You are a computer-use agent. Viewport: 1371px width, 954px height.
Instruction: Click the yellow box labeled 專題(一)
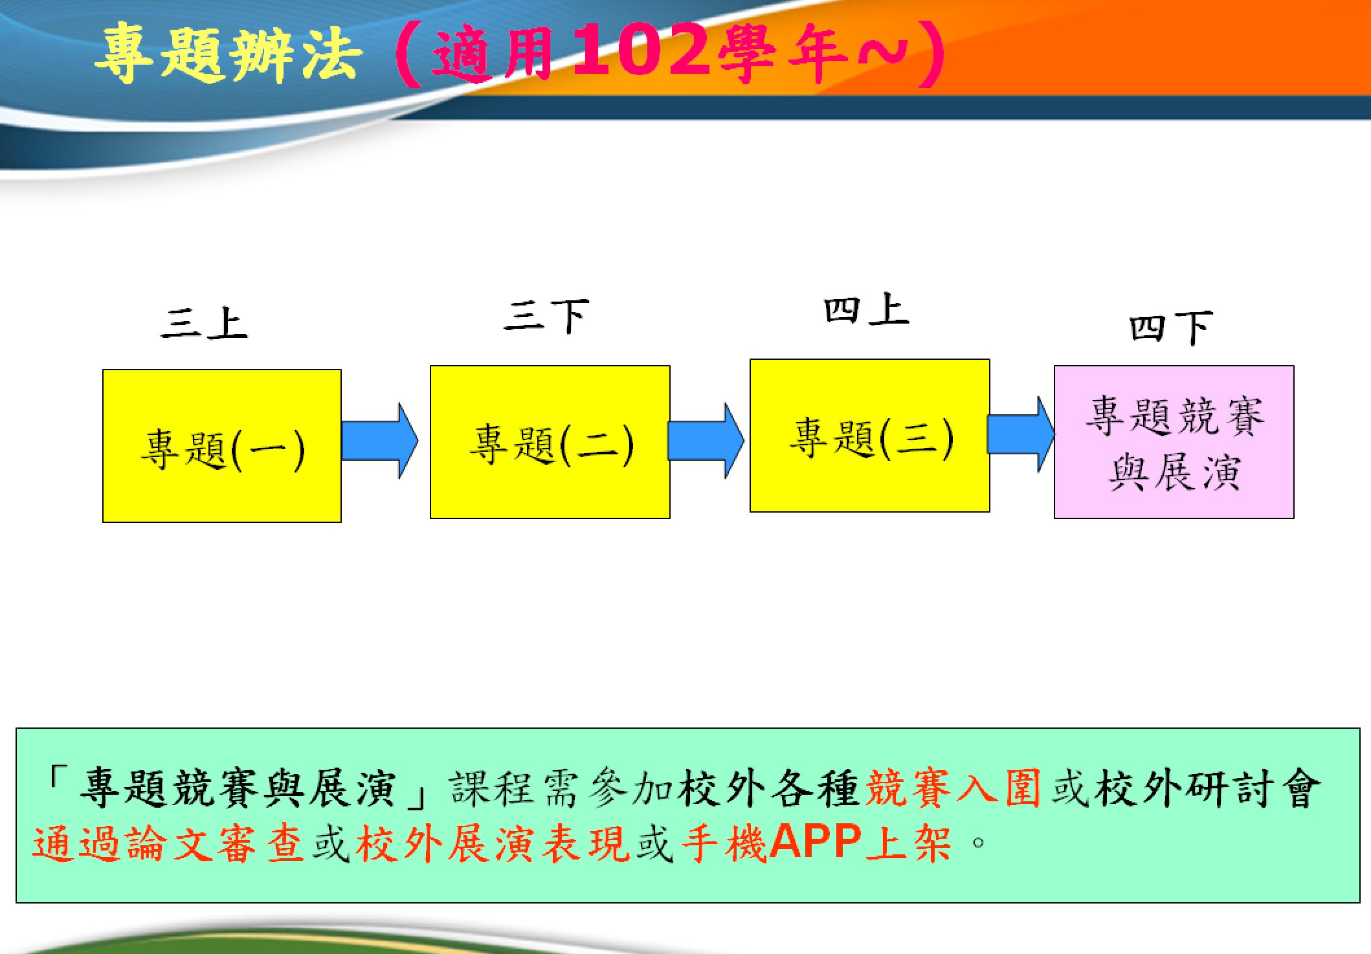click(222, 446)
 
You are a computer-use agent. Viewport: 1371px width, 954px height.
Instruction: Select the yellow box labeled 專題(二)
click(550, 442)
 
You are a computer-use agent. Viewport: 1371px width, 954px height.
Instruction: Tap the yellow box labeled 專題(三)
click(870, 436)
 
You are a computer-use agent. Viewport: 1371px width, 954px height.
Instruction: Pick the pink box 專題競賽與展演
click(1174, 442)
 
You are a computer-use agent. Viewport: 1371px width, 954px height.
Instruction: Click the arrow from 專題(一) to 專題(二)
click(380, 441)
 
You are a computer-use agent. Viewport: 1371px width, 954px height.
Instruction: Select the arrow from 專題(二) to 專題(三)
click(706, 441)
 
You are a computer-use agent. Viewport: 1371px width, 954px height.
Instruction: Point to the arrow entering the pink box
click(1021, 434)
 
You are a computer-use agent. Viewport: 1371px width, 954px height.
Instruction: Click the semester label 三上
click(205, 323)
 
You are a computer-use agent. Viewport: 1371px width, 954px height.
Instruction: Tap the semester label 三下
click(547, 316)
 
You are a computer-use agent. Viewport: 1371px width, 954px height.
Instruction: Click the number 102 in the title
click(643, 50)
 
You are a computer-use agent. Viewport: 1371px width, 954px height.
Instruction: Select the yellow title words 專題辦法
click(229, 53)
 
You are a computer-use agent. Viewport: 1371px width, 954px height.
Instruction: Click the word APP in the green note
click(816, 841)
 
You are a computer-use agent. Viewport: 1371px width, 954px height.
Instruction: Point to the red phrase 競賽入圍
click(953, 788)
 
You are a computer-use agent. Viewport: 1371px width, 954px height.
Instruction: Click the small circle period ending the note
click(978, 843)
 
